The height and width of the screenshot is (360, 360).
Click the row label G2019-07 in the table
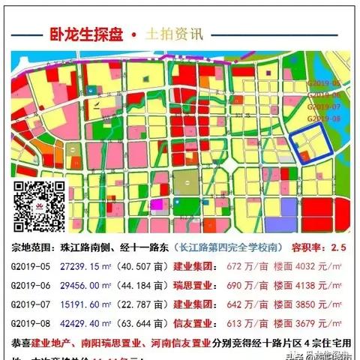tap(30, 305)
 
